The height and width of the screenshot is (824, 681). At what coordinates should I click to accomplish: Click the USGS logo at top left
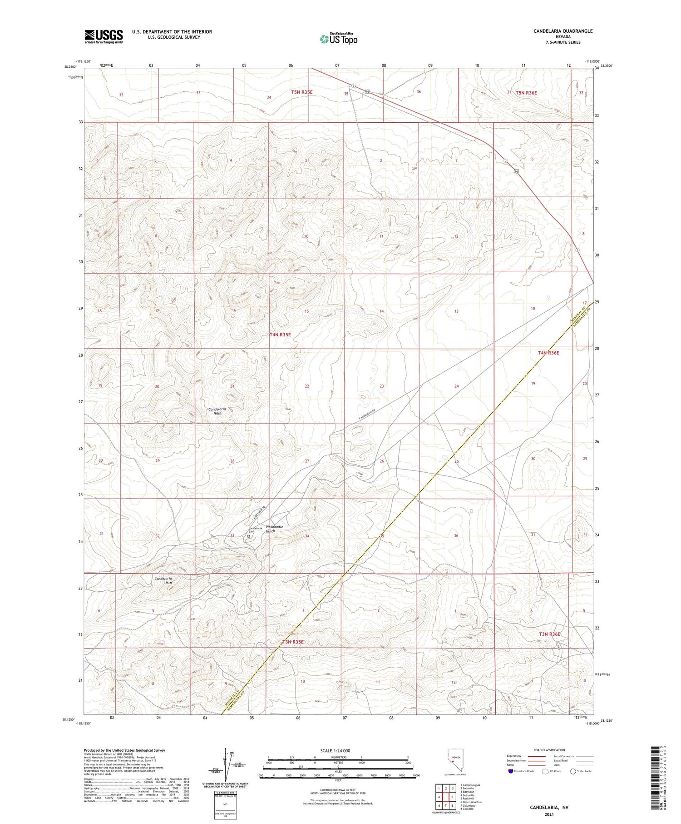104,36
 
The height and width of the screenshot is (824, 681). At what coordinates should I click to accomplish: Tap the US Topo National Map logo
338,39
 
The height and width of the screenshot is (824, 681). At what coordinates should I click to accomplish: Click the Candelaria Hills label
217,411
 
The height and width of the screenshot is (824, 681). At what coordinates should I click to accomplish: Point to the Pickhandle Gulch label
274,529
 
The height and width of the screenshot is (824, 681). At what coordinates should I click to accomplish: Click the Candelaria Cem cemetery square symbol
248,536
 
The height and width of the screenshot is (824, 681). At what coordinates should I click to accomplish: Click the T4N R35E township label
280,335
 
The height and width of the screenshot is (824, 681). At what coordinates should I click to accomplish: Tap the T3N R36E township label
549,634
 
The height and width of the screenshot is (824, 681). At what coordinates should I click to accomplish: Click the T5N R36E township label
526,93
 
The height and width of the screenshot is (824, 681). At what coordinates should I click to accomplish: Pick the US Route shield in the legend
546,771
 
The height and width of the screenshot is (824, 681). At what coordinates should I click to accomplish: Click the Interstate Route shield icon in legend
511,771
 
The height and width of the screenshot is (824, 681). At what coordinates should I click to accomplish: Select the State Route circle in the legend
573,771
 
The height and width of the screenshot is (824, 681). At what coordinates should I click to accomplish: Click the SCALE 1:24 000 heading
335,750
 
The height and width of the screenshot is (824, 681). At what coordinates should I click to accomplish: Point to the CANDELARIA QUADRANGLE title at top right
563,31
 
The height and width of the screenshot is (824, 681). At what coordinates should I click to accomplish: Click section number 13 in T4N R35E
456,311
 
